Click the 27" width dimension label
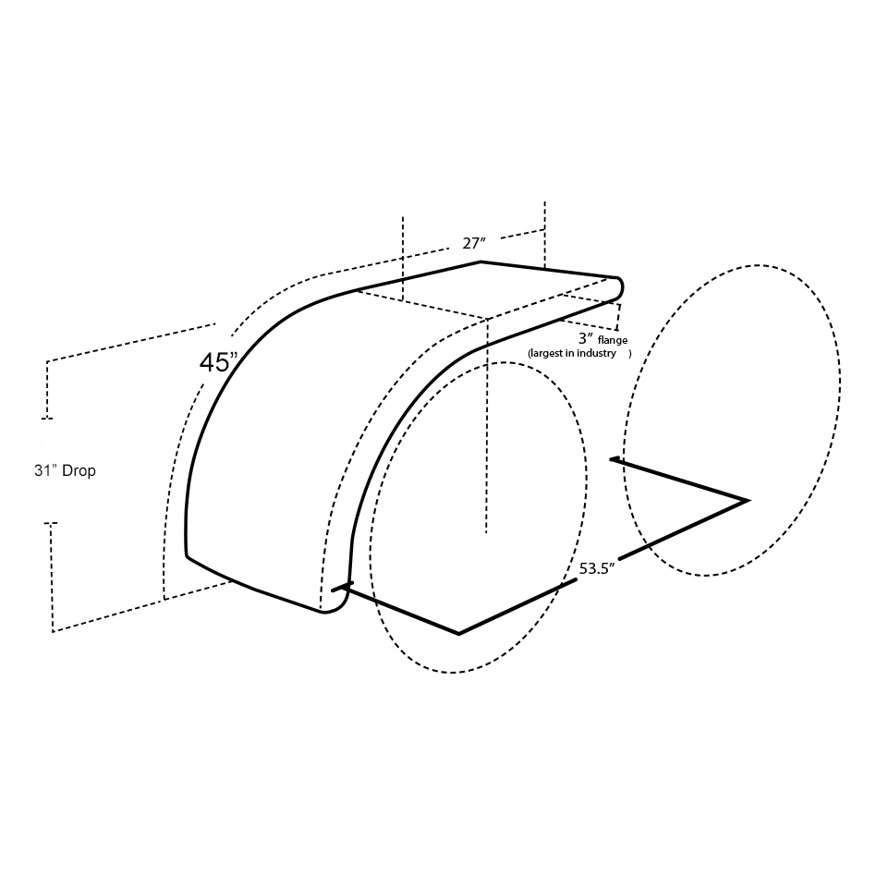(474, 244)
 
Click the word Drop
(79, 470)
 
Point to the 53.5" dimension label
(597, 568)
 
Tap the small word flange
(612, 340)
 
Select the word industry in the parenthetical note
(597, 354)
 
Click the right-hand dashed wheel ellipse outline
(840, 388)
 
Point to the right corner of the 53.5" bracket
(746, 501)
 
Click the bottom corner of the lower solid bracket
(459, 634)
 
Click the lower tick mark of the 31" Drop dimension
(50, 524)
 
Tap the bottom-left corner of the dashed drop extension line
(54, 631)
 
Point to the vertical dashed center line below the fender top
(486, 425)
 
